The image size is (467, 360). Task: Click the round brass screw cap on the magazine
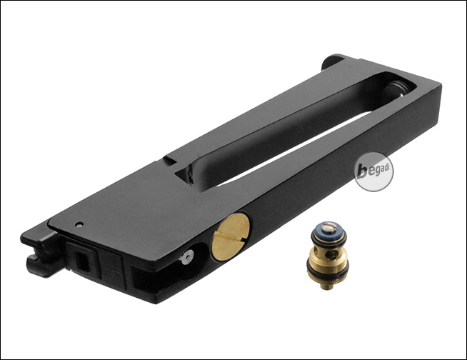click(x=230, y=237)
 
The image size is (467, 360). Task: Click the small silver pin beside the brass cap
click(x=187, y=256)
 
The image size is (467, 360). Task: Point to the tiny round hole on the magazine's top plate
click(x=79, y=225)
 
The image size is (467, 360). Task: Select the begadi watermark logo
click(x=374, y=172)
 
